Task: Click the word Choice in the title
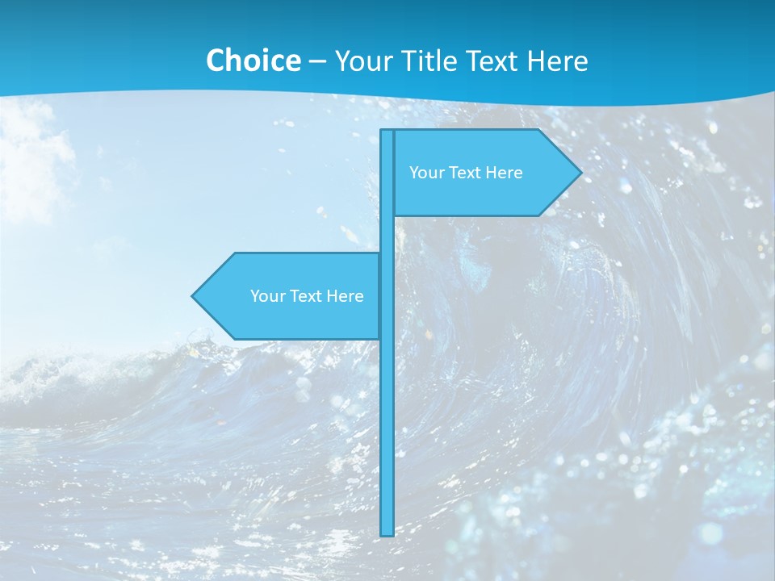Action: (253, 61)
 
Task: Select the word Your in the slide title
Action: (362, 61)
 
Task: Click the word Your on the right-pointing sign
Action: (425, 173)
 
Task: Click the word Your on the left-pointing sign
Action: (266, 296)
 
